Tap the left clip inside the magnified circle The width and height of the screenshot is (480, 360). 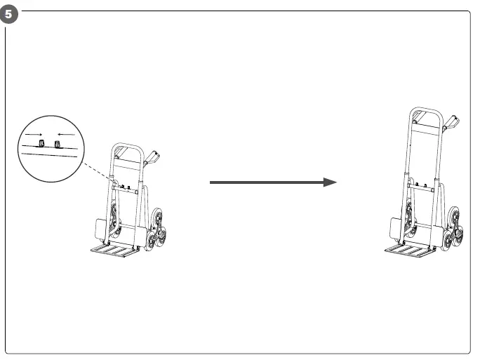tap(41, 144)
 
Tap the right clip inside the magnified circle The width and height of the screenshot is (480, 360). tap(58, 144)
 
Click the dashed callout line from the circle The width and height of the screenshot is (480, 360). tap(95, 173)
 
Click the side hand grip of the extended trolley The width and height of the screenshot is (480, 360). tap(451, 124)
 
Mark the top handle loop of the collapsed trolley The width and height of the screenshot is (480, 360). tap(128, 148)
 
